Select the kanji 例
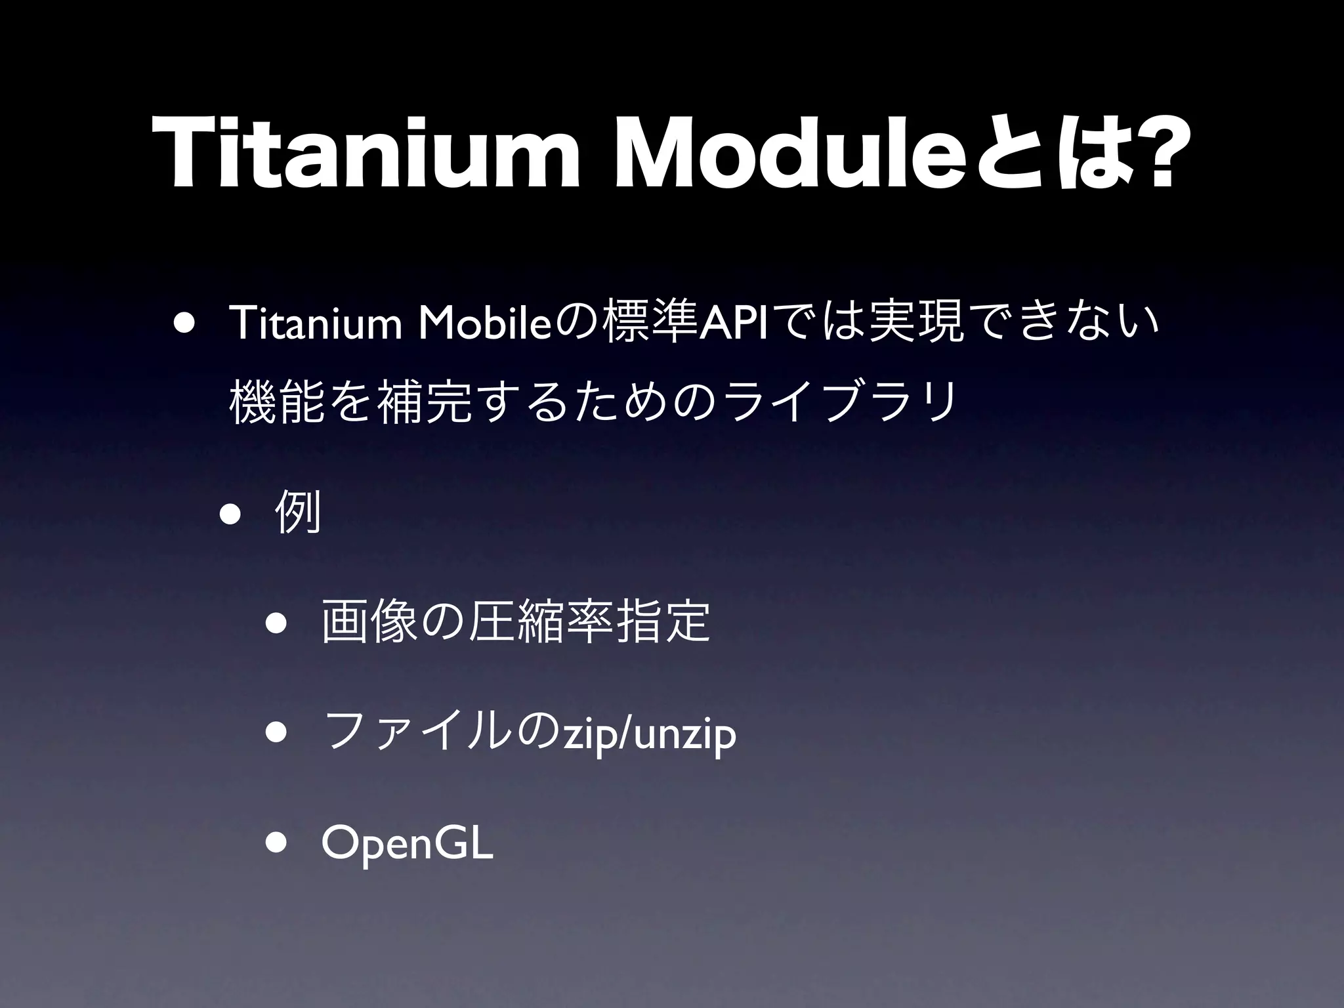[x=299, y=513]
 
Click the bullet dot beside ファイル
[x=276, y=734]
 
